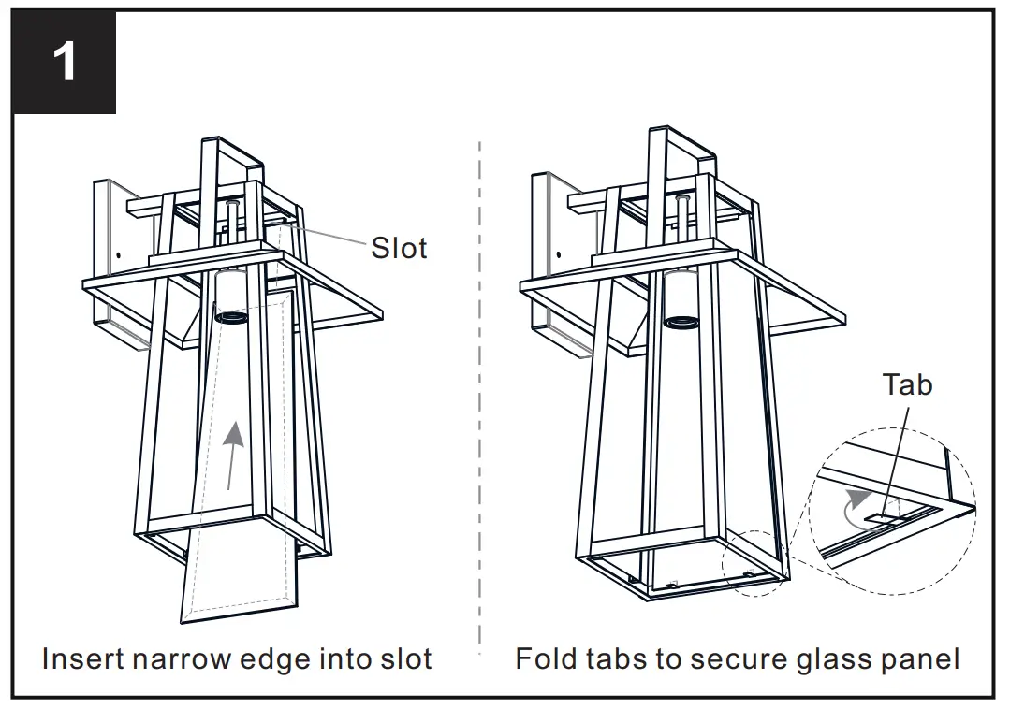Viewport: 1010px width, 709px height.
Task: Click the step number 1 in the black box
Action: point(64,62)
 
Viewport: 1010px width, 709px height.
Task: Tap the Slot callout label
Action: point(399,248)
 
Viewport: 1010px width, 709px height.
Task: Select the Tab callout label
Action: point(907,383)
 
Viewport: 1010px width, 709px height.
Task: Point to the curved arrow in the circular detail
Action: point(853,505)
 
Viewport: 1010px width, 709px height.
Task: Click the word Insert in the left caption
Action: point(82,658)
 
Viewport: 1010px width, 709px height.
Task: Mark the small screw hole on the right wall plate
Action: point(558,252)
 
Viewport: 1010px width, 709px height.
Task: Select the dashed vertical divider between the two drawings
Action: point(480,393)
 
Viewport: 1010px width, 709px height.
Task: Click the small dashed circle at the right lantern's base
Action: point(754,563)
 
